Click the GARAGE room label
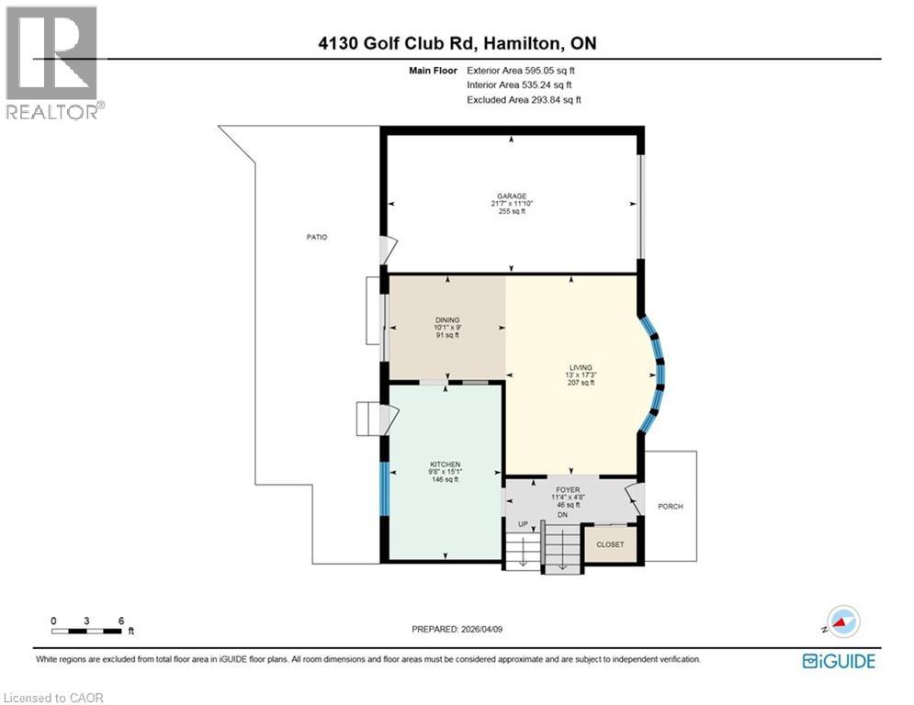coord(512,196)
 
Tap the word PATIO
coord(317,237)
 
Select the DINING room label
coord(447,319)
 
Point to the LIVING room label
coord(581,368)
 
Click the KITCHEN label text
coord(446,464)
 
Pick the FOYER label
coord(568,490)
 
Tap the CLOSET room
coord(610,544)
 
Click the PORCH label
coord(671,507)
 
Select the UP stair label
coord(523,524)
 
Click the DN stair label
coord(562,515)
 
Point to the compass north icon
coord(843,621)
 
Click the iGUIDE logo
coord(839,661)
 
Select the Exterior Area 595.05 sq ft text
coord(521,71)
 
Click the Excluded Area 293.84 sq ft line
coord(524,100)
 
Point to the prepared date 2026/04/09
coord(481,629)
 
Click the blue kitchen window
coord(384,488)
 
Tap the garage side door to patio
coord(389,250)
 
